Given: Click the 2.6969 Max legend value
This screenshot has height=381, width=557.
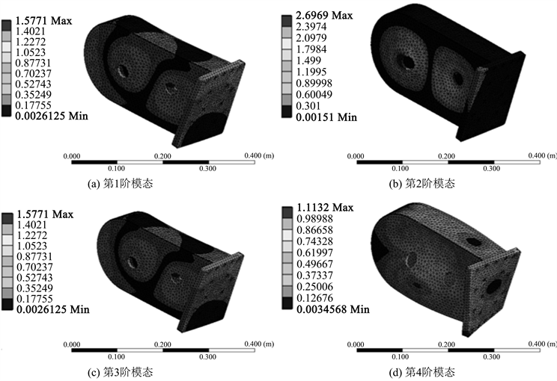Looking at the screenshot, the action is click(x=324, y=16).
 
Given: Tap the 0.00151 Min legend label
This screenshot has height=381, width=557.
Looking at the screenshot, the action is click(x=326, y=117).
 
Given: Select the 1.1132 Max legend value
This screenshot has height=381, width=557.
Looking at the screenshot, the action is click(x=325, y=208).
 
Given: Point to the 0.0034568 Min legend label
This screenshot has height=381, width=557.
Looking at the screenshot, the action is click(x=333, y=309).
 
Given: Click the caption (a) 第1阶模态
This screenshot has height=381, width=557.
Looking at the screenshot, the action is click(x=121, y=183).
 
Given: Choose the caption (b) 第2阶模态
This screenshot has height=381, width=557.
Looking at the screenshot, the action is click(x=422, y=183).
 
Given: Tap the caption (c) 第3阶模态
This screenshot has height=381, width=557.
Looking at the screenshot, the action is click(x=121, y=372).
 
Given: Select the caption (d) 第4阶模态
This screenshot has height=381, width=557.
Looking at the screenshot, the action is click(x=422, y=372).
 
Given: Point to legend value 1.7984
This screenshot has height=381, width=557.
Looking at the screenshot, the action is click(x=311, y=49).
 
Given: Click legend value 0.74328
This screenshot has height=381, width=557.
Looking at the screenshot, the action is click(x=314, y=241).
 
